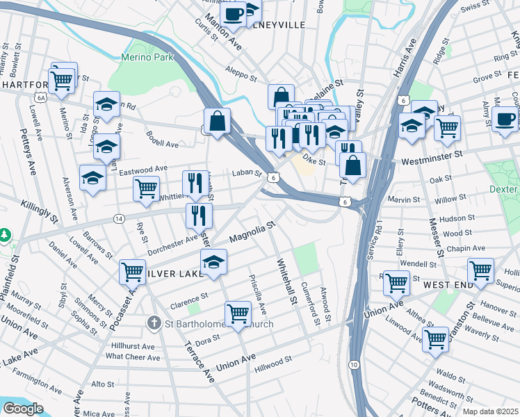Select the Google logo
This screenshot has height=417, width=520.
[x=23, y=409]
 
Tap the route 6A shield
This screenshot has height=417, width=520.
[x=41, y=98]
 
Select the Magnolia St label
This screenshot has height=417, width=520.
[x=252, y=233]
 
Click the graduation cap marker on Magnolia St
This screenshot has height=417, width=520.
[x=214, y=261]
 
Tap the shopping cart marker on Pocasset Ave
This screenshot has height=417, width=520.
[x=132, y=271]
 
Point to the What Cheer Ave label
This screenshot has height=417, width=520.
[x=133, y=357]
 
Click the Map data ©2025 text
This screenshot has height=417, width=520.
[x=491, y=411]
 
